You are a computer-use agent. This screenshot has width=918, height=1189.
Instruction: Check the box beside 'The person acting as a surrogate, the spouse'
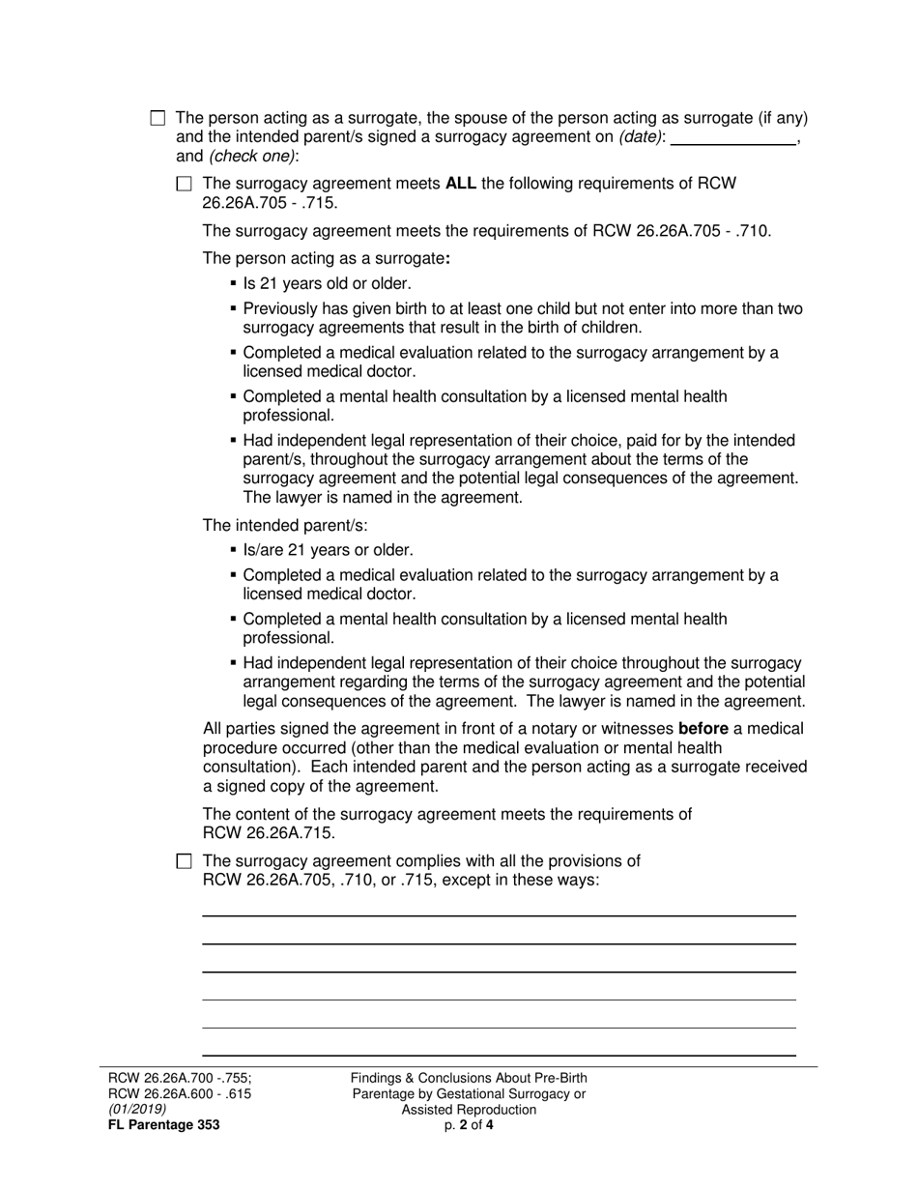(158, 119)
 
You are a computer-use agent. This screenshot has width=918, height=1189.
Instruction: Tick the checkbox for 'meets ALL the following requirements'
(185, 184)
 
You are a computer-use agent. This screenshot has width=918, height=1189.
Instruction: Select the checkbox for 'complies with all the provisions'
(185, 861)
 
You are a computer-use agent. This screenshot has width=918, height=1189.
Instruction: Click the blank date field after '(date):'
(732, 137)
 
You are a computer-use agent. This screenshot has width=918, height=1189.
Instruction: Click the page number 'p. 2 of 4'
(469, 1125)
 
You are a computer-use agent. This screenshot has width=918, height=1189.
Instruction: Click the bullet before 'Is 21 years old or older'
(234, 284)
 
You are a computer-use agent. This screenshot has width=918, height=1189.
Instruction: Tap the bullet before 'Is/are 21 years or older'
(234, 550)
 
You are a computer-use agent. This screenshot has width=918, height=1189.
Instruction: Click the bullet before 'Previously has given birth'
(234, 309)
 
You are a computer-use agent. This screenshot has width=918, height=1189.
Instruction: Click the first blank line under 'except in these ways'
(498, 914)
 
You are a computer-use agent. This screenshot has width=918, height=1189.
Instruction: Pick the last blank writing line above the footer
(498, 1055)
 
